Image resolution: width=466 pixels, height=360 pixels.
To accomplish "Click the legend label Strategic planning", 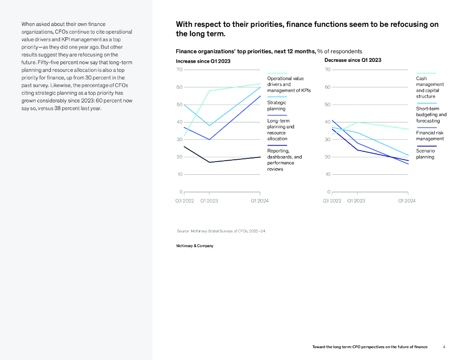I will click(x=277, y=106).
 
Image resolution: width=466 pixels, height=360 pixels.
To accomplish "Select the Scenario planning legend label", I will click(x=425, y=154).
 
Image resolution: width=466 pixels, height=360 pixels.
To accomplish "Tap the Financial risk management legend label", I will click(x=430, y=136).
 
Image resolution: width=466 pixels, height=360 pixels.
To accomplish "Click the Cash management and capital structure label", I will click(x=430, y=87).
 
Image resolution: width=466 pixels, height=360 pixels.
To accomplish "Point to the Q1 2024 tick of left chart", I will click(x=260, y=201).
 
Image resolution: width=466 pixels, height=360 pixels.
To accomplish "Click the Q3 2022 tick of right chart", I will click(x=332, y=201).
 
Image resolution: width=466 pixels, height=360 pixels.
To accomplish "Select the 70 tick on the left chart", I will click(x=179, y=70).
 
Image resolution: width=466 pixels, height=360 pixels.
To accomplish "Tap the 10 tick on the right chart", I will click(x=328, y=174).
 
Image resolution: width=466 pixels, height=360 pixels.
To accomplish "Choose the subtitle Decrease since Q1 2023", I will click(x=353, y=60).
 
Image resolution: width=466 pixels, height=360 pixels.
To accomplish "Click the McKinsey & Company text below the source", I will click(x=194, y=246).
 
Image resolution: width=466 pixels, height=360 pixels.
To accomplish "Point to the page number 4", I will click(x=444, y=347).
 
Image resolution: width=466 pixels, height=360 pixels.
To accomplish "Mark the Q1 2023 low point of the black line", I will click(x=209, y=162).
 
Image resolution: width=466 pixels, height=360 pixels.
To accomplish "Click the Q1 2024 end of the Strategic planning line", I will click(x=261, y=87).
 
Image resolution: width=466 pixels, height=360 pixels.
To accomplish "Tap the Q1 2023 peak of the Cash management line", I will click(x=357, y=122).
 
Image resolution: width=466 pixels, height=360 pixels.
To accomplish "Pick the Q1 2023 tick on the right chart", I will click(x=356, y=201).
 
